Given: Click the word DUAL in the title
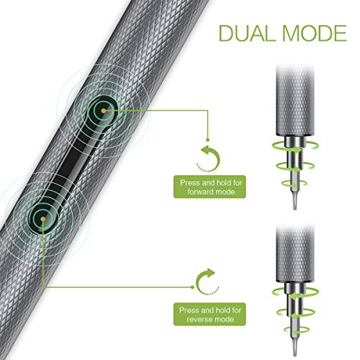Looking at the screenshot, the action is tap(248, 33).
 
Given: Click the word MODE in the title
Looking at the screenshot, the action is tap(315, 33).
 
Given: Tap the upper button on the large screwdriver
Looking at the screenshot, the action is tap(103, 111).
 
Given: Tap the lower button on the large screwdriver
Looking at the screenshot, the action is tap(43, 219).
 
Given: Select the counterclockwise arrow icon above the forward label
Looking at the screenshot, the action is tap(208, 158).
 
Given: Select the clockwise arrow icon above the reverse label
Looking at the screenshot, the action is tap(208, 282).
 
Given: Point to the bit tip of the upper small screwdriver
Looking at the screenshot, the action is tap(295, 204).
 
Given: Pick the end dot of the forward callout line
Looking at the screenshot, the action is tap(208, 140).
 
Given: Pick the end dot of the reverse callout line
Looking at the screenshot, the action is tap(192, 287).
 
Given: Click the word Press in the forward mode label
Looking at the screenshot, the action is tap(190, 183).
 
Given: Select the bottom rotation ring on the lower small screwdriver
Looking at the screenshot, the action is tap(295, 330).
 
